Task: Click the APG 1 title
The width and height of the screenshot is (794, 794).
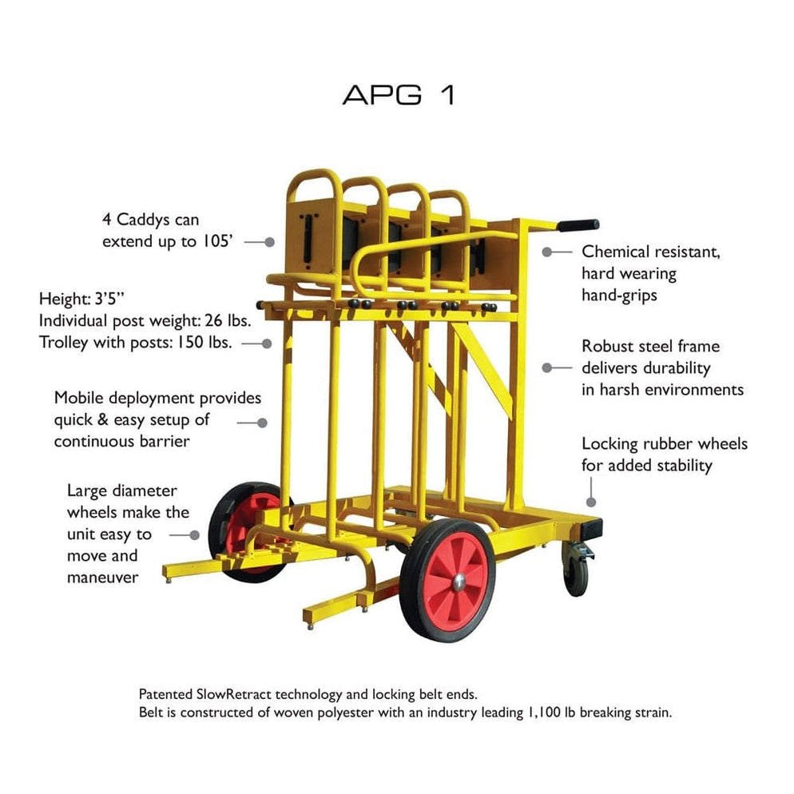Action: [x=399, y=94]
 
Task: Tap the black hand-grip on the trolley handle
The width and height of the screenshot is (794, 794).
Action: [x=578, y=225]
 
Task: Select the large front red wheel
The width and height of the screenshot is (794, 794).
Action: [x=447, y=579]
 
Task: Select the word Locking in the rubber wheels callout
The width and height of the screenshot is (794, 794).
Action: [x=609, y=443]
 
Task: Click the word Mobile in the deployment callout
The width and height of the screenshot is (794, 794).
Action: [x=77, y=398]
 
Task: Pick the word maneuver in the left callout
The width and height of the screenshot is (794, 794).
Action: [x=102, y=576]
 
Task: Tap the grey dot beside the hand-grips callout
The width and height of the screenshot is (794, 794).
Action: [x=547, y=252]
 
